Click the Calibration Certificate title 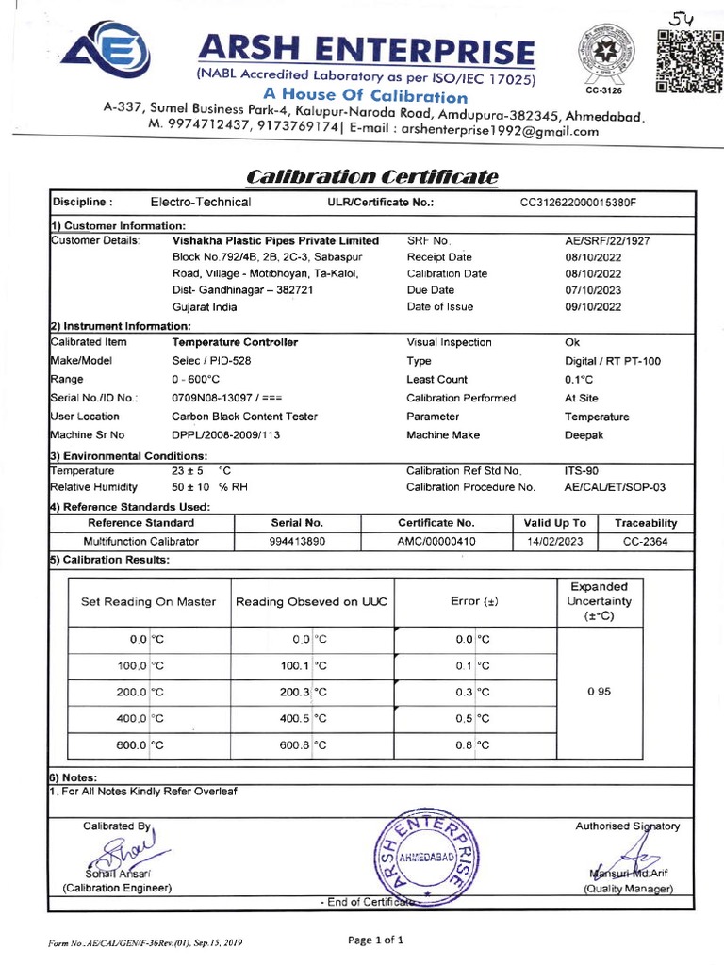pyautogui.click(x=372, y=177)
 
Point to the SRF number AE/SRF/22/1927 pyautogui.click(x=607, y=241)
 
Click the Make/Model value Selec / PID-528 pyautogui.click(x=212, y=360)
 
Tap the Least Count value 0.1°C pyautogui.click(x=579, y=379)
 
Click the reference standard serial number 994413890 pyautogui.click(x=297, y=541)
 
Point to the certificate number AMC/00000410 pyautogui.click(x=436, y=541)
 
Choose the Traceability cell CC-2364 pyautogui.click(x=646, y=541)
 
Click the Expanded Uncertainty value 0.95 pyautogui.click(x=599, y=691)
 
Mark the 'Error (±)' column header pyautogui.click(x=476, y=601)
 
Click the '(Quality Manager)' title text pyautogui.click(x=628, y=889)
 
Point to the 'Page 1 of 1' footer pyautogui.click(x=376, y=940)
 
